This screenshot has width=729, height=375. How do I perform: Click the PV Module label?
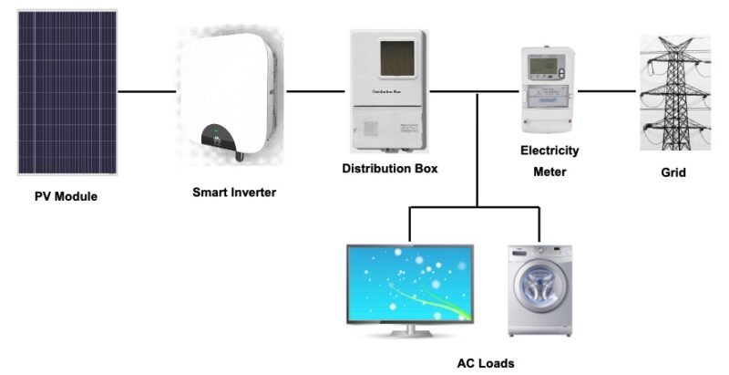pos(66,196)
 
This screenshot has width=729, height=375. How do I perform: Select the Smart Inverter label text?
pos(233,193)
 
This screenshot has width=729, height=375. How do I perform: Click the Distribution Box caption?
pos(389,169)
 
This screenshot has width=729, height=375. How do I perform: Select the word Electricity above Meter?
pos(549,151)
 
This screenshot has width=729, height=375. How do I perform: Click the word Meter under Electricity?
pos(549,172)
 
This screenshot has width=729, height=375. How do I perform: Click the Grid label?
pos(673,172)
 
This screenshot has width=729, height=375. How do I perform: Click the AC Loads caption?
pos(485,363)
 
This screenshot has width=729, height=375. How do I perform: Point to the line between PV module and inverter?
pos(146,91)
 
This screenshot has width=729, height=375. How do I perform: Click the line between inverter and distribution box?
pos(315,91)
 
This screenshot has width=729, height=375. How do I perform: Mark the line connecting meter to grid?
pos(607,91)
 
